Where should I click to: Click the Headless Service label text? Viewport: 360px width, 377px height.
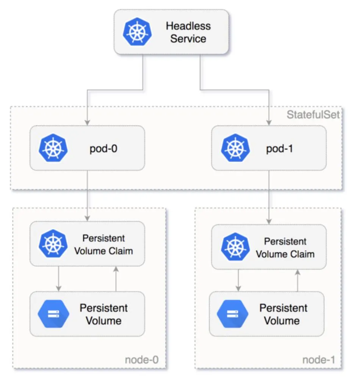(188, 32)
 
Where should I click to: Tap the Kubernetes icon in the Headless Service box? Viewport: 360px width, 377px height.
(138, 31)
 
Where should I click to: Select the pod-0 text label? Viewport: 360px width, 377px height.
(103, 149)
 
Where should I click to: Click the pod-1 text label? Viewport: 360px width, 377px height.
(280, 149)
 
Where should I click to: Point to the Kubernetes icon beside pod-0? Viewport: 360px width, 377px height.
(53, 148)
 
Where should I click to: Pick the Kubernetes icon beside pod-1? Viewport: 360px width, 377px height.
(235, 148)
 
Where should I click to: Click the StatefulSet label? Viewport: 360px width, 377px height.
(313, 115)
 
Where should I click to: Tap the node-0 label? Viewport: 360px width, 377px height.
(142, 360)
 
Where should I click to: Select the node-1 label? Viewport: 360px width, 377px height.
(319, 360)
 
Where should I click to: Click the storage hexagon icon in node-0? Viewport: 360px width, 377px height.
(53, 314)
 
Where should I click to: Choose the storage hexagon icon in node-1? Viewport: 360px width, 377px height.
(232, 314)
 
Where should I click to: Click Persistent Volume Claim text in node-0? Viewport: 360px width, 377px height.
(103, 245)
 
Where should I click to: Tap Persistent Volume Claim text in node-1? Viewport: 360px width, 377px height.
(285, 248)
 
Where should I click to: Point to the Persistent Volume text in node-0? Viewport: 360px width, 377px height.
(104, 314)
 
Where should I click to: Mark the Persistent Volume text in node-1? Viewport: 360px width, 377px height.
(283, 314)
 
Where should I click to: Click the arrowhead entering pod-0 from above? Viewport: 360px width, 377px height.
(88, 123)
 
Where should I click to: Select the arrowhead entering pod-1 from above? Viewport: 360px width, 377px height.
(269, 123)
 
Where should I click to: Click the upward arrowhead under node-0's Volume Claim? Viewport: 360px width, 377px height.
(116, 269)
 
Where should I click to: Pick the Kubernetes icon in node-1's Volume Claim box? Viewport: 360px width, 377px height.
(235, 247)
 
